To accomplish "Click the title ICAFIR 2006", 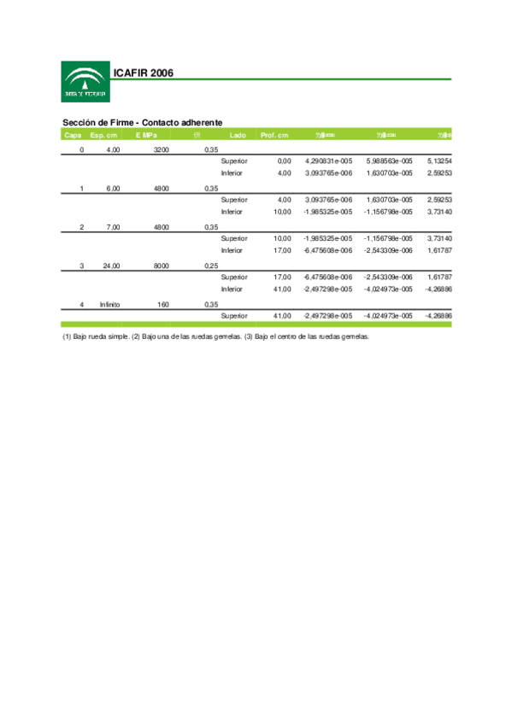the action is (x=144, y=73).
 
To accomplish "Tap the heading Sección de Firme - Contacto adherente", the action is (x=143, y=123).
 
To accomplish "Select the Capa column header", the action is (x=73, y=135).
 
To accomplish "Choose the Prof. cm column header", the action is (x=274, y=135).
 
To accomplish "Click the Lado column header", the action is (x=238, y=135).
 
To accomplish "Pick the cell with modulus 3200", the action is (x=161, y=149).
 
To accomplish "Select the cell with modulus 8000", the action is (x=161, y=266).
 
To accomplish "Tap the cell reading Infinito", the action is (x=109, y=304).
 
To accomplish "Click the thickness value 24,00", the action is (x=111, y=266).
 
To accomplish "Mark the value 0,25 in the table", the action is (x=211, y=266).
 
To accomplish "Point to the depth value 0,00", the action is (x=284, y=161).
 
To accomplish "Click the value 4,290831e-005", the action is (x=328, y=161).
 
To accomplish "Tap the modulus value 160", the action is (x=164, y=304).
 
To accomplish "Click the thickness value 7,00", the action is (x=113, y=227).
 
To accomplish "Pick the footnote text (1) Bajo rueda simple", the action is (x=96, y=337).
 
